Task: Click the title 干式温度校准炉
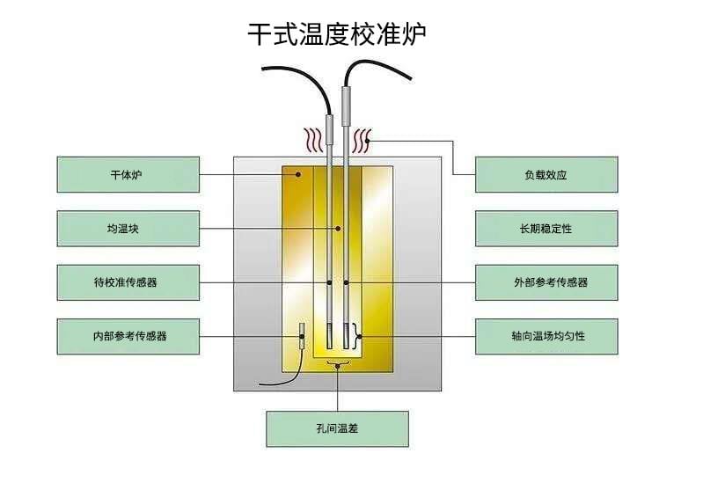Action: tap(338, 34)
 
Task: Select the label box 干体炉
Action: tap(128, 174)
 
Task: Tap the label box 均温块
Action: tap(128, 229)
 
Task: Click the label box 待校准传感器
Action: tap(128, 282)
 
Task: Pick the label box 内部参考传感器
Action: tap(128, 336)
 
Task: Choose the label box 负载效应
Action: tap(546, 174)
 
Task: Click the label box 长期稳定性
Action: tap(546, 229)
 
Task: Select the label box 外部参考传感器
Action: tap(546, 282)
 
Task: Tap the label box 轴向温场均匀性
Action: tap(546, 336)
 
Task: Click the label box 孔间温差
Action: tap(337, 428)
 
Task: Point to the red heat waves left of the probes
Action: tap(312, 140)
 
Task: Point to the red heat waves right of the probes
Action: tap(361, 140)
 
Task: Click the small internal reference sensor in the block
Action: tap(302, 336)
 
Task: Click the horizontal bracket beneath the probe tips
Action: tap(338, 362)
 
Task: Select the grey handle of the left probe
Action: tap(329, 132)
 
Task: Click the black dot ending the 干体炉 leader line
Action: tap(298, 174)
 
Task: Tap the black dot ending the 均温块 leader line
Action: tap(338, 229)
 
